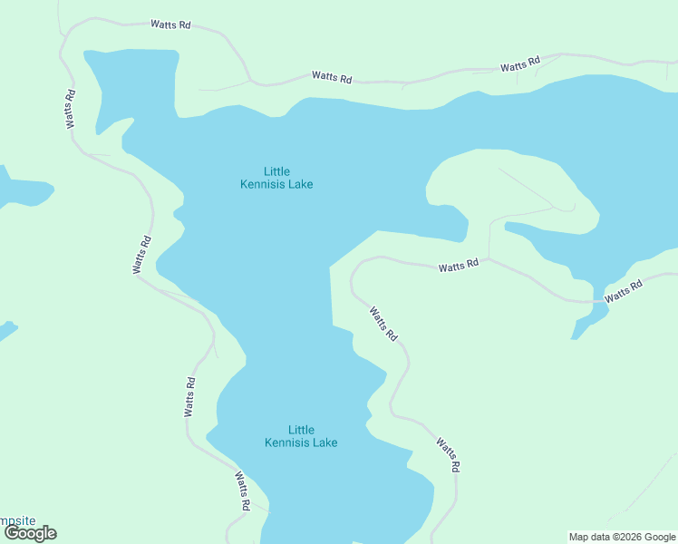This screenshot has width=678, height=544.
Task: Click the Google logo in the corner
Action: (x=30, y=533)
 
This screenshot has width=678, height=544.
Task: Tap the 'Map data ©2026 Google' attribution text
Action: (x=622, y=537)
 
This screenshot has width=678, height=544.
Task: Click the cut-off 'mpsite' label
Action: (x=18, y=520)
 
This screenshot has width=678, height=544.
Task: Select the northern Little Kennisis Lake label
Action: (x=276, y=178)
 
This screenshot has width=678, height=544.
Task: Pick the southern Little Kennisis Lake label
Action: (x=301, y=436)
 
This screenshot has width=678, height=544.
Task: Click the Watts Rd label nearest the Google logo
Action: (x=242, y=491)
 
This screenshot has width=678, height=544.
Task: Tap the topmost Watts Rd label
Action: (x=171, y=25)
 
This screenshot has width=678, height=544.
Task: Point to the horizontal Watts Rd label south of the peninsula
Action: (x=459, y=267)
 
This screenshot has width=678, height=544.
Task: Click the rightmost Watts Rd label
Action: (x=624, y=291)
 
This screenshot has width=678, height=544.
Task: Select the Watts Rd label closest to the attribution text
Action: (x=449, y=455)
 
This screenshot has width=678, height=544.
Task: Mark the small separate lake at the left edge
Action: (x=22, y=189)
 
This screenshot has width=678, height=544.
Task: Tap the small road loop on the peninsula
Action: (x=567, y=208)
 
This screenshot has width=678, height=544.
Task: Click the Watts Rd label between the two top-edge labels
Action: (x=331, y=77)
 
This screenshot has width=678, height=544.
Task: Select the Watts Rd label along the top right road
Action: (x=519, y=64)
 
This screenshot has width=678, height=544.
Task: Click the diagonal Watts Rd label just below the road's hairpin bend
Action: (x=383, y=324)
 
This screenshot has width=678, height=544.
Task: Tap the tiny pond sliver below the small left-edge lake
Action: (x=6, y=330)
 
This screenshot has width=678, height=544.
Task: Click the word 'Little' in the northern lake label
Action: (x=276, y=170)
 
